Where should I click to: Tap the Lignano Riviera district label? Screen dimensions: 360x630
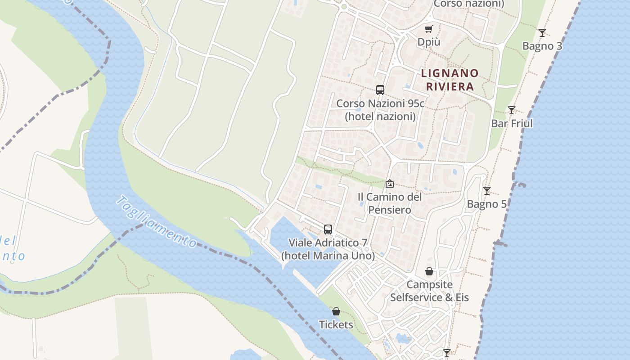click(450, 80)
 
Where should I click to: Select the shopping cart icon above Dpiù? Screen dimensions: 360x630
click(428, 29)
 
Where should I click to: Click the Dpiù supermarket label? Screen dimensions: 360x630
click(428, 42)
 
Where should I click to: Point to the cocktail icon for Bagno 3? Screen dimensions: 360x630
click(542, 33)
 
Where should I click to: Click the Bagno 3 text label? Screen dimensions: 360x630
click(542, 46)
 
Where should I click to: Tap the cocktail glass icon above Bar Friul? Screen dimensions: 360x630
click(512, 110)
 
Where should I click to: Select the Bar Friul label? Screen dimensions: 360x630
click(512, 123)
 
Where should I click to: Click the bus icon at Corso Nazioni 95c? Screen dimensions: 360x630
click(380, 90)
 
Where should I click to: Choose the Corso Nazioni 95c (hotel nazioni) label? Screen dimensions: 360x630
click(380, 110)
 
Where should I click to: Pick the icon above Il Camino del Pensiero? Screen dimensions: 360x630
click(390, 184)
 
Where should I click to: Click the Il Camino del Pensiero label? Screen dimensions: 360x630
click(390, 203)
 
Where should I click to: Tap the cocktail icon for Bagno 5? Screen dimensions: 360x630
click(486, 191)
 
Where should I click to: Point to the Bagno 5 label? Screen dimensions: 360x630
click(486, 204)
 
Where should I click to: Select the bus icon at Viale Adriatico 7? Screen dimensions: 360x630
click(328, 229)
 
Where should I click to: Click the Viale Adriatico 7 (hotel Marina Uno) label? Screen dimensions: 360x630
click(328, 249)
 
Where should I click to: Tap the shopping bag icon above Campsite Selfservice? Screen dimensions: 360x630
click(429, 271)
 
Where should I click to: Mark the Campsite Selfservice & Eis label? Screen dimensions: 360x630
click(429, 291)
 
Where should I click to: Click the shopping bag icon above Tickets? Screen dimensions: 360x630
click(336, 311)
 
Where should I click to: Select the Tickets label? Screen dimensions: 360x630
click(336, 324)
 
